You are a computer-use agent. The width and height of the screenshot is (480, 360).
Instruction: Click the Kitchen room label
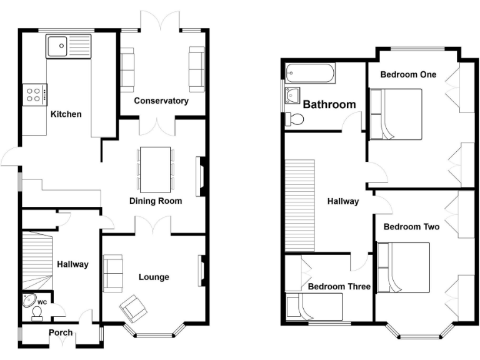point(66,114)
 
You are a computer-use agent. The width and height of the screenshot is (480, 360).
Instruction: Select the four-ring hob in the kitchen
point(34,95)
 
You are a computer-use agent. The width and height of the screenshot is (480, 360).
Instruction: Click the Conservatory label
point(161,101)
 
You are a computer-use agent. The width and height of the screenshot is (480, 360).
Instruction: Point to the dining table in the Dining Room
point(156,169)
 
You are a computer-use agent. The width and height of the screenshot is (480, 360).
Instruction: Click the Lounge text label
point(154,277)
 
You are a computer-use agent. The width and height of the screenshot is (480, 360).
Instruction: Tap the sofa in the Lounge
point(113,274)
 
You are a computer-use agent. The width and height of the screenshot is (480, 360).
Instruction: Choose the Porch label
point(61,332)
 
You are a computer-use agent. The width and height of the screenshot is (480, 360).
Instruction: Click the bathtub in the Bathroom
point(309,74)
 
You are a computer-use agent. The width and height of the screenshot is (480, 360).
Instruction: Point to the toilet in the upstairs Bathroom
point(292,118)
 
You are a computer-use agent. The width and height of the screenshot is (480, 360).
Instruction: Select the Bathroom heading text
point(329,104)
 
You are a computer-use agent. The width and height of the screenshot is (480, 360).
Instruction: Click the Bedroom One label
point(408,74)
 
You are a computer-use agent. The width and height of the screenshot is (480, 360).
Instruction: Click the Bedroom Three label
point(339,287)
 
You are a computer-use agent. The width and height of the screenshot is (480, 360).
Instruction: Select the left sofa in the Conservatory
point(127,69)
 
